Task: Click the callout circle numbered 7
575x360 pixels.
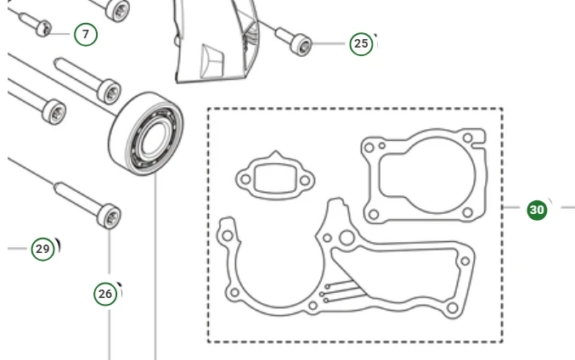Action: (86, 35)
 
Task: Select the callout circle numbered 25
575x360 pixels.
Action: (361, 44)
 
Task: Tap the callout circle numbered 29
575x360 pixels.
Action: (43, 250)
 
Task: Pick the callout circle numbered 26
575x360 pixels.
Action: (105, 294)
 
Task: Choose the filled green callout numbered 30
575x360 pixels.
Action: (537, 210)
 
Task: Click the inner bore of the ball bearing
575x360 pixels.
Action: (155, 139)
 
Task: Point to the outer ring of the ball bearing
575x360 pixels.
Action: (146, 134)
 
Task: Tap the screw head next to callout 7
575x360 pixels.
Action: (44, 29)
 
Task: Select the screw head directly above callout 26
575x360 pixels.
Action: (109, 217)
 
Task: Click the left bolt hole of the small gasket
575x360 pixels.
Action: (245, 180)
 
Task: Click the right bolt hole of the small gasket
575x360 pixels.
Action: (305, 180)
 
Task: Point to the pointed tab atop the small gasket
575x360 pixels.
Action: (276, 154)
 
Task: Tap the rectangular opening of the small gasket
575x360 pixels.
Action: (274, 178)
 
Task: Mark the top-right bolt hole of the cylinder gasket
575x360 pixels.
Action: (467, 138)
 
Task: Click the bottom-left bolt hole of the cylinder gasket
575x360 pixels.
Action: (374, 214)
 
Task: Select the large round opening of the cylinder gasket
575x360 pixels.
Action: (437, 175)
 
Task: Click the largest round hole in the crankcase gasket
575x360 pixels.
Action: (347, 238)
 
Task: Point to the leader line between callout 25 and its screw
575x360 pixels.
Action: (329, 44)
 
